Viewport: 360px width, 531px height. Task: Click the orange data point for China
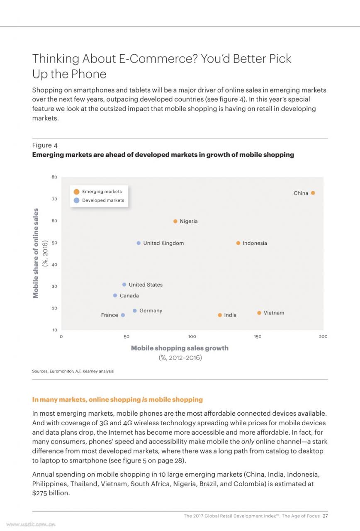click(313, 193)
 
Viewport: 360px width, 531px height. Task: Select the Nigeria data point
click(175, 221)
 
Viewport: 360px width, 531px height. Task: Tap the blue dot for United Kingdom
click(139, 243)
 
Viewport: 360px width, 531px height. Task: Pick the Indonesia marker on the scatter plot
click(238, 243)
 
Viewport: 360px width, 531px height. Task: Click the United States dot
click(124, 285)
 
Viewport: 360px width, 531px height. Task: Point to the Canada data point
click(115, 295)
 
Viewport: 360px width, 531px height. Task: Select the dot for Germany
click(135, 311)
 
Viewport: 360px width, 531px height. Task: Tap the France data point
click(123, 315)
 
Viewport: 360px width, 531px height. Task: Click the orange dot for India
click(220, 315)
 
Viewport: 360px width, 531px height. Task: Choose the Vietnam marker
click(259, 313)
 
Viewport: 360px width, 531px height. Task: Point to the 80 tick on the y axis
click(54, 177)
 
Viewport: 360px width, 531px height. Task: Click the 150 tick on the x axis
click(258, 336)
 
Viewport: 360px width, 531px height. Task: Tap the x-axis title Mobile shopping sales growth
click(180, 348)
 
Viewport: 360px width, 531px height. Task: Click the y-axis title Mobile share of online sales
click(36, 253)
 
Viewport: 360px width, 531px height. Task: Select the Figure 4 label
click(45, 145)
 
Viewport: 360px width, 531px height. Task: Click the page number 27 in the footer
click(325, 516)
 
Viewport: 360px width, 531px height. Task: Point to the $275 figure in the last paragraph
click(39, 493)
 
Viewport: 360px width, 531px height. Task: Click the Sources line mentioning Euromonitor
click(73, 371)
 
